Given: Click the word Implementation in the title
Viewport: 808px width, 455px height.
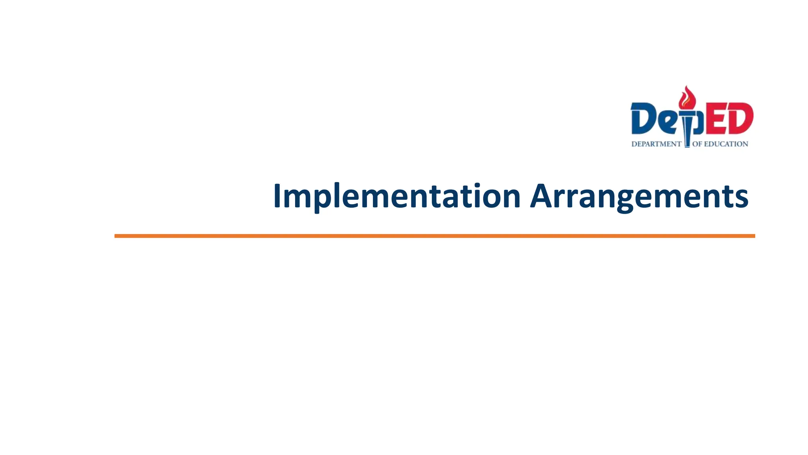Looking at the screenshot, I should pyautogui.click(x=397, y=196).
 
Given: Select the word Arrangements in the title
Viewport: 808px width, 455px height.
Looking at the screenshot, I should pyautogui.click(x=639, y=196).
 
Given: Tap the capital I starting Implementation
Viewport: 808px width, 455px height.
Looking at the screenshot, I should pyautogui.click(x=277, y=196).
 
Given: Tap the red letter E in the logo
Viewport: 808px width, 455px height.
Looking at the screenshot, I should pyautogui.click(x=714, y=118).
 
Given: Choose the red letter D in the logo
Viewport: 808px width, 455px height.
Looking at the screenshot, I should pyautogui.click(x=739, y=118).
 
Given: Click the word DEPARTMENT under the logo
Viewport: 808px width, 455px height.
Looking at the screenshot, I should pyautogui.click(x=656, y=144).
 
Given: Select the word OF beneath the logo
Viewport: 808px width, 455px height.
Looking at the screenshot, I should pyautogui.click(x=697, y=144).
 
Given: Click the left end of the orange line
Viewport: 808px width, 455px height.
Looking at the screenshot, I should pyautogui.click(x=116, y=236).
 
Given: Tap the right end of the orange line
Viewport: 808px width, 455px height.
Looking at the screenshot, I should pyautogui.click(x=754, y=236).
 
